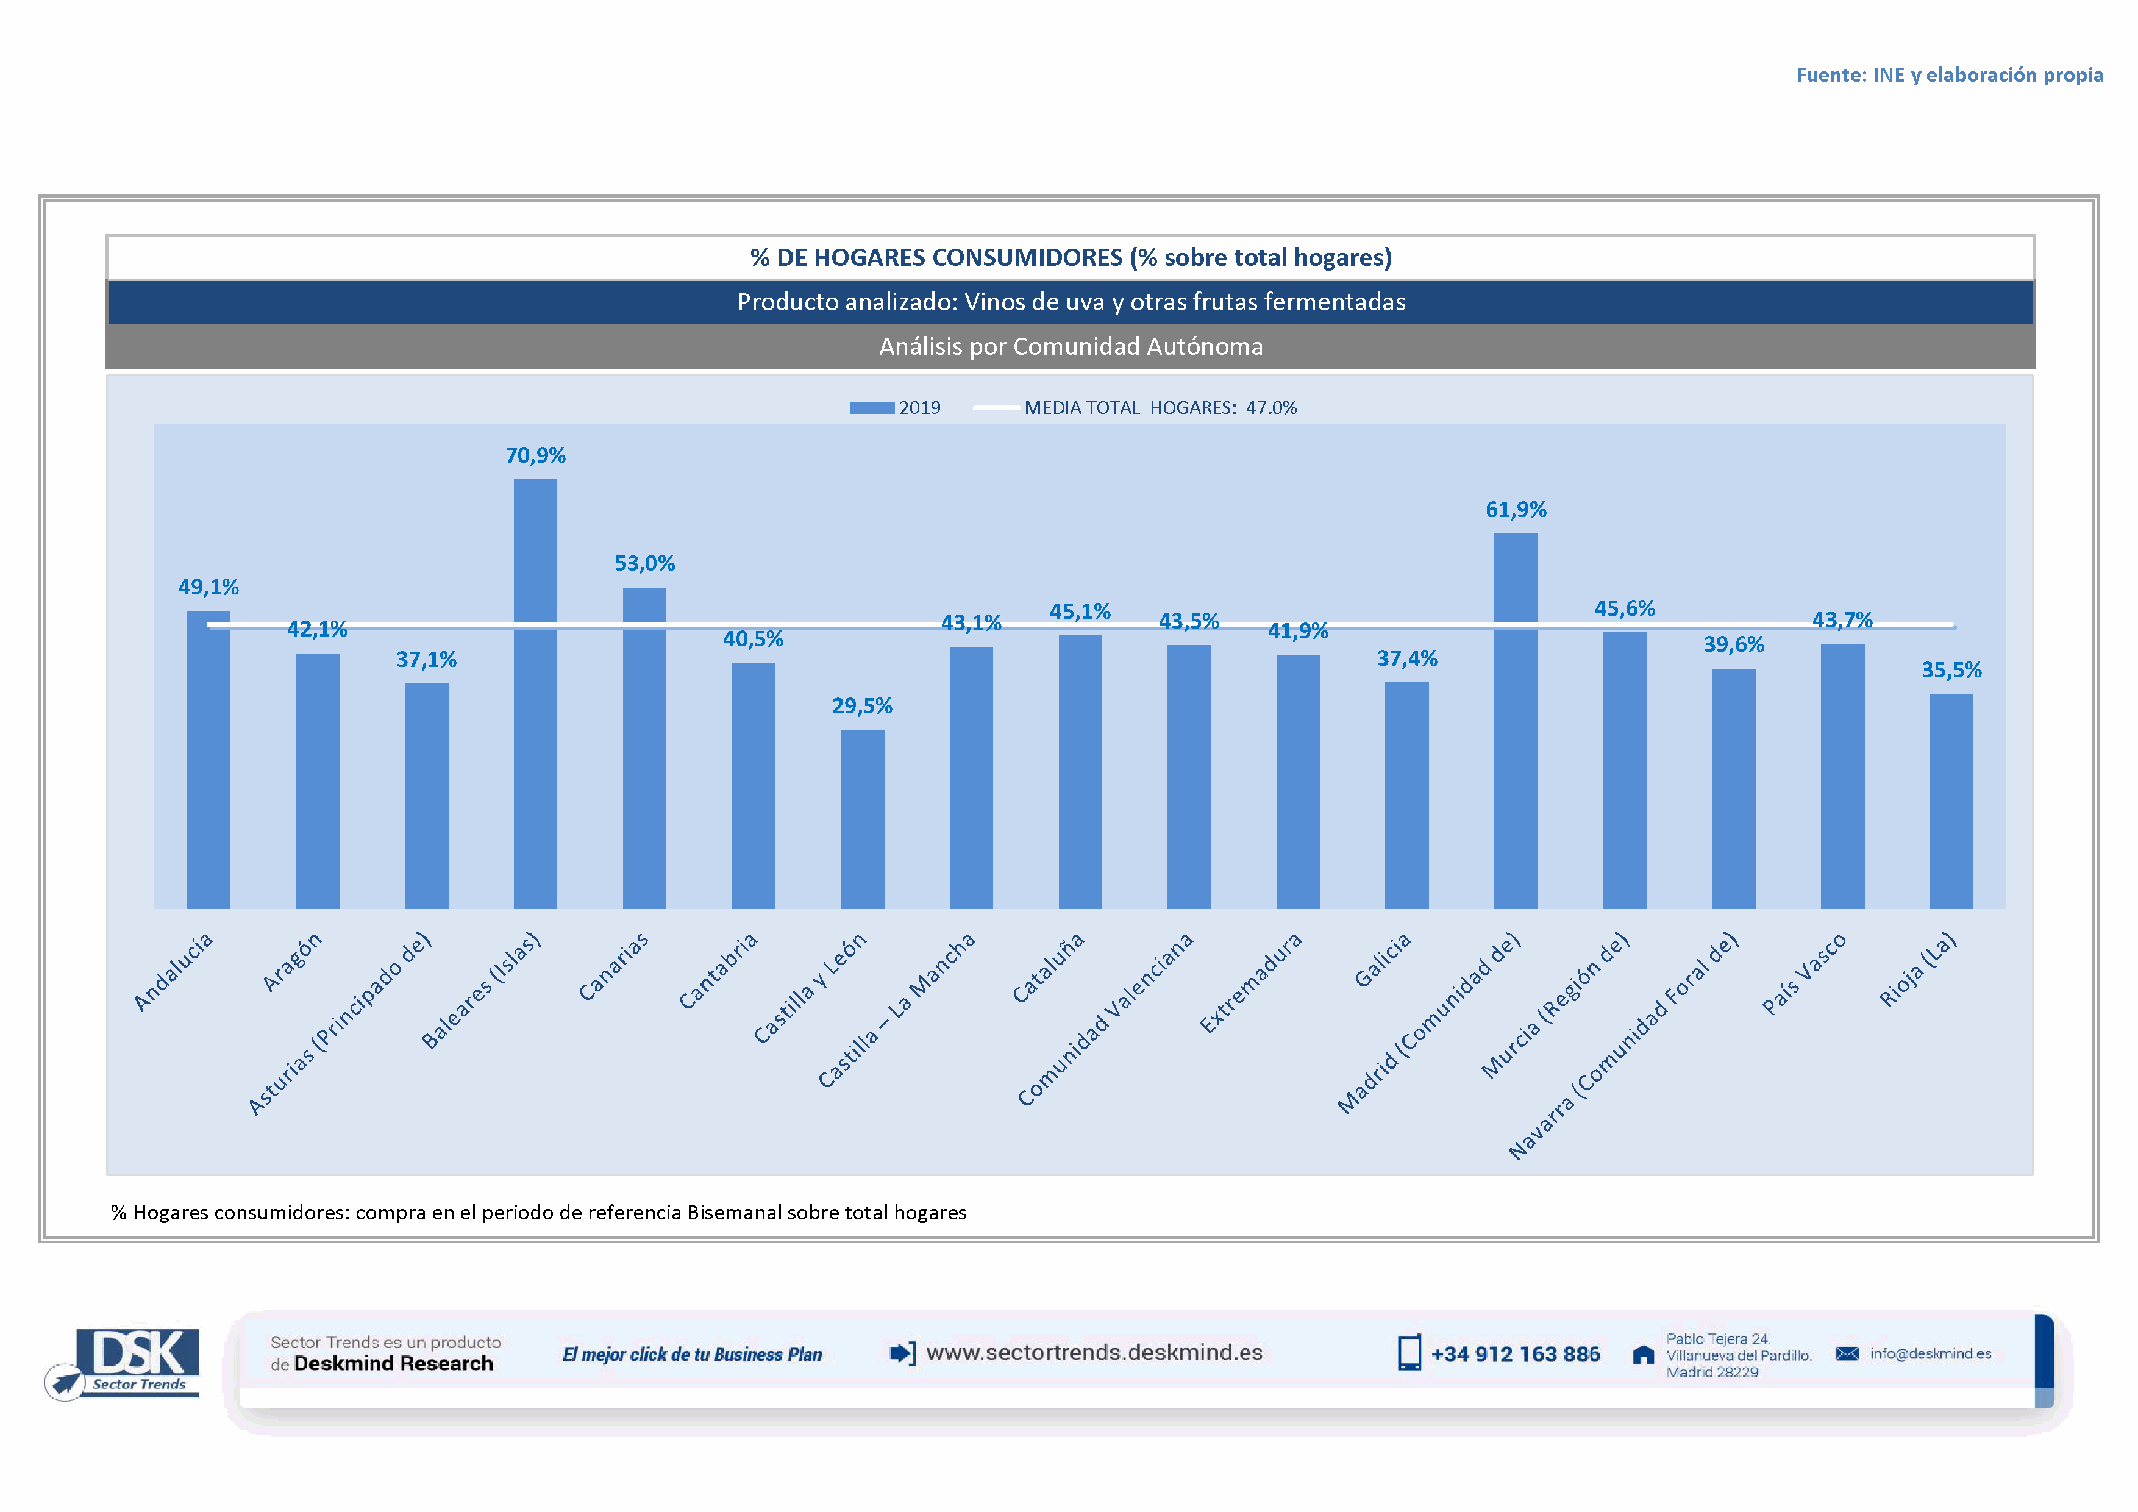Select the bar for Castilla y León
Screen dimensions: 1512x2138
pos(862,819)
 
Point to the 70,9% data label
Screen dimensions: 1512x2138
pos(535,455)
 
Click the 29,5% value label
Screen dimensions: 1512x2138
pos(862,706)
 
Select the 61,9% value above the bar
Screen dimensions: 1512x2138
pos(1516,509)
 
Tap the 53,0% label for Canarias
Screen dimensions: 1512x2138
pos(644,563)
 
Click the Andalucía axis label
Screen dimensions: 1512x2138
pos(174,971)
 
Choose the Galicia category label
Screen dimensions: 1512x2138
pos(1383,960)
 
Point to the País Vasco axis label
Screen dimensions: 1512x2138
pos(1804,974)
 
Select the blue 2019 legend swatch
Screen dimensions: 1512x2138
pos(872,408)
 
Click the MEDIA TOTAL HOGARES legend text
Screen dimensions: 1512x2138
pos(1160,408)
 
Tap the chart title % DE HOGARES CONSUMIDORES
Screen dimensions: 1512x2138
pos(1071,257)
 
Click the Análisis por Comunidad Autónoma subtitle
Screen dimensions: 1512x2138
pos(1071,346)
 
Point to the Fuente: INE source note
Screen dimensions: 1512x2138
pos(1949,74)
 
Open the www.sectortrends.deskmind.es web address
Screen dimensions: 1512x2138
pos(1094,1353)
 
